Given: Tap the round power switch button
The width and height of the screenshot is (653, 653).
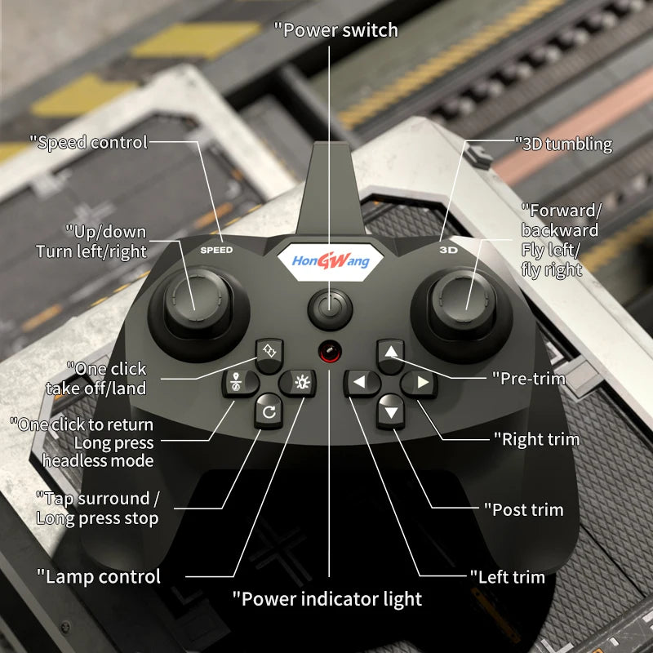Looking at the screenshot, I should tap(330, 309).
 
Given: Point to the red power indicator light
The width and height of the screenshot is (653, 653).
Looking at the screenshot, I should tap(330, 351).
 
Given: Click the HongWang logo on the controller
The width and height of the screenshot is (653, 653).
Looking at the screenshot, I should tap(331, 260).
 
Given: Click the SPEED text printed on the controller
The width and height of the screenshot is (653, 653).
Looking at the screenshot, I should tap(216, 250).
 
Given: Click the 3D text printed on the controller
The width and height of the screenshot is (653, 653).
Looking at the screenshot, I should tap(447, 250).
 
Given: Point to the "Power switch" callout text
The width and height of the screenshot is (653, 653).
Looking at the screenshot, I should tap(335, 30).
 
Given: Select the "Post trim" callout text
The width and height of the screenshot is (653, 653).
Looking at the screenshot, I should tap(527, 509).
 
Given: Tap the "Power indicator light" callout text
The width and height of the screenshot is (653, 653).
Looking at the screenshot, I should tap(327, 598).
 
